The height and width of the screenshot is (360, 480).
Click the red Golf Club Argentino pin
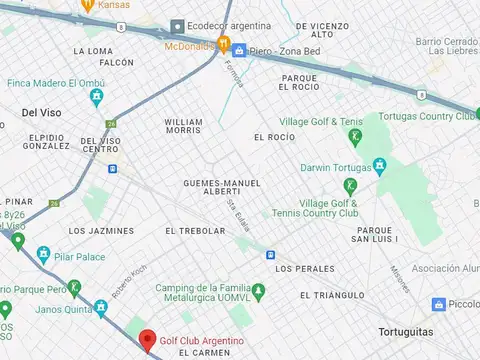coord(147,341)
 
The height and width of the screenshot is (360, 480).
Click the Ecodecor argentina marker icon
coord(178,26)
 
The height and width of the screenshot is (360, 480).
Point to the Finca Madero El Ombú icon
coord(96,97)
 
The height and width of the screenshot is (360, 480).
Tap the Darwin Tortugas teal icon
coord(379,165)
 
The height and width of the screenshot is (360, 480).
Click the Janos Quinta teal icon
coord(100,309)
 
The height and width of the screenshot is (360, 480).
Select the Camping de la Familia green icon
coord(259,291)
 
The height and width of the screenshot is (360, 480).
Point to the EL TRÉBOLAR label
coord(195,231)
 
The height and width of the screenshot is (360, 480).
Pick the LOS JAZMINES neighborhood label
coord(101,231)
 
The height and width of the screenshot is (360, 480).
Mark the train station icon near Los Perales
coord(270,255)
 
